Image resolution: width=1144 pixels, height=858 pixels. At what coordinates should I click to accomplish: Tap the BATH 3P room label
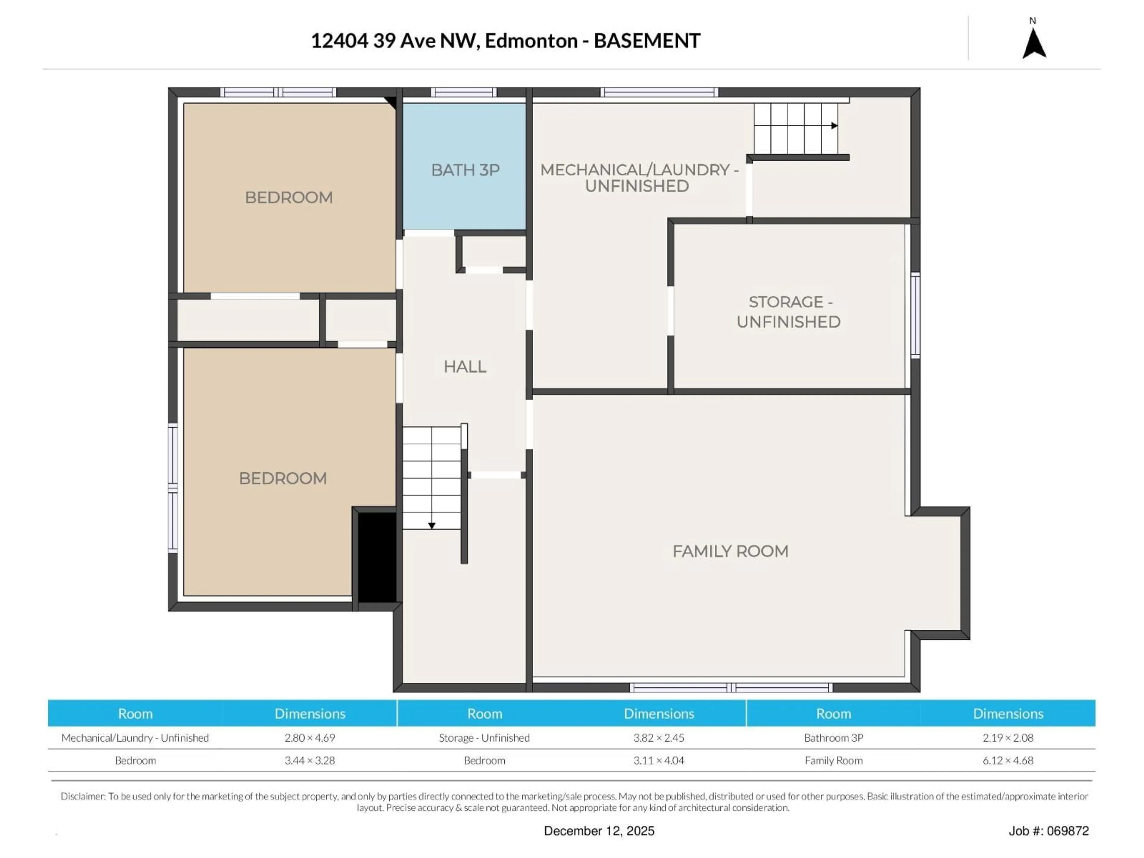click(465, 170)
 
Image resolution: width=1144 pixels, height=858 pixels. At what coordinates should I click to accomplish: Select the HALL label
click(464, 367)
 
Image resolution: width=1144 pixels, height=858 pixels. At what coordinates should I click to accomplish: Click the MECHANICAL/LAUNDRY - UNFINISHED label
click(639, 178)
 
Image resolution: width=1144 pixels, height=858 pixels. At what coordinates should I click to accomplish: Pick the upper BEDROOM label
click(289, 198)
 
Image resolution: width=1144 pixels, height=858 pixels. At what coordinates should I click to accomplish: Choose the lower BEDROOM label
click(282, 478)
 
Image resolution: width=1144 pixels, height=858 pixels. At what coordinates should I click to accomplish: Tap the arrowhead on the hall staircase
click(431, 526)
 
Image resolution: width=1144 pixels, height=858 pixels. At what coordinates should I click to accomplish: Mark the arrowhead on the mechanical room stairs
click(834, 126)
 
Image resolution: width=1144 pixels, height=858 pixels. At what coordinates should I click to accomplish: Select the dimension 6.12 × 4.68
click(1008, 760)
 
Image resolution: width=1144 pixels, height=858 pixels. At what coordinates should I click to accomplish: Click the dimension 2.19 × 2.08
click(1008, 738)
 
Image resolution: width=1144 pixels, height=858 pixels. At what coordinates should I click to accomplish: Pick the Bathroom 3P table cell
click(833, 738)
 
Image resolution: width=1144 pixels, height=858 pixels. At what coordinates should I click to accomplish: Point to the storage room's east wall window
click(915, 315)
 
